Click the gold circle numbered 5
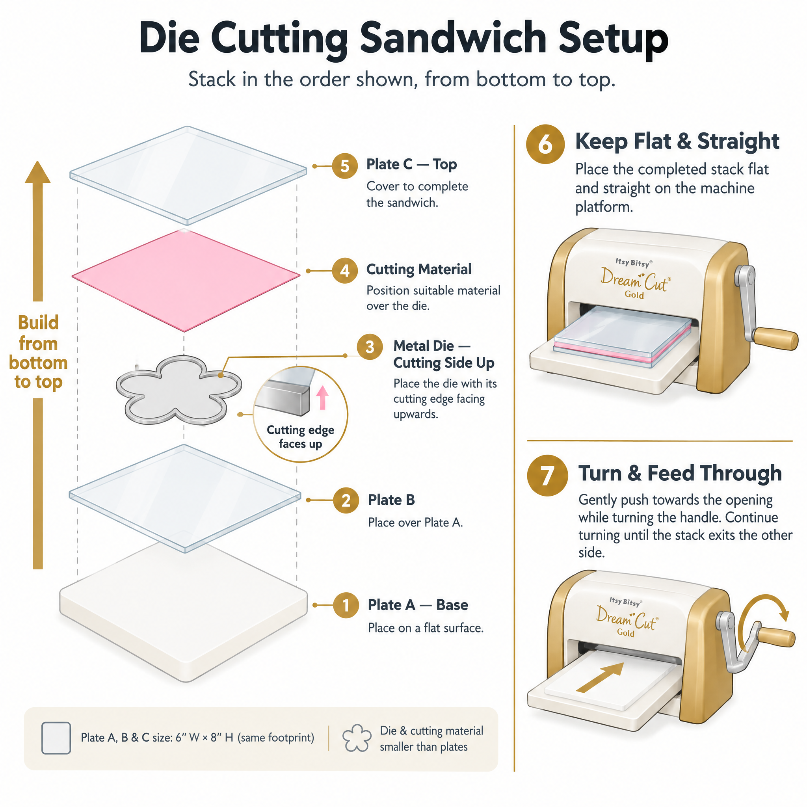click(345, 166)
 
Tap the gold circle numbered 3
click(370, 347)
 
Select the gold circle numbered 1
click(346, 605)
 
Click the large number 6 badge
click(545, 144)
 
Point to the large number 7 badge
click(547, 475)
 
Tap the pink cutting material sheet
click(186, 280)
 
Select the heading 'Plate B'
click(391, 500)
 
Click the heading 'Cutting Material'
click(419, 270)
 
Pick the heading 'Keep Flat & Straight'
click(677, 141)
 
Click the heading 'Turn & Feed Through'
click(680, 473)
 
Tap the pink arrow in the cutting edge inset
click(322, 397)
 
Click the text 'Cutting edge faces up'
click(300, 437)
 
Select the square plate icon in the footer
click(56, 738)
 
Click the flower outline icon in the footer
click(357, 738)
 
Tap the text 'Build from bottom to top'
click(38, 352)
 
